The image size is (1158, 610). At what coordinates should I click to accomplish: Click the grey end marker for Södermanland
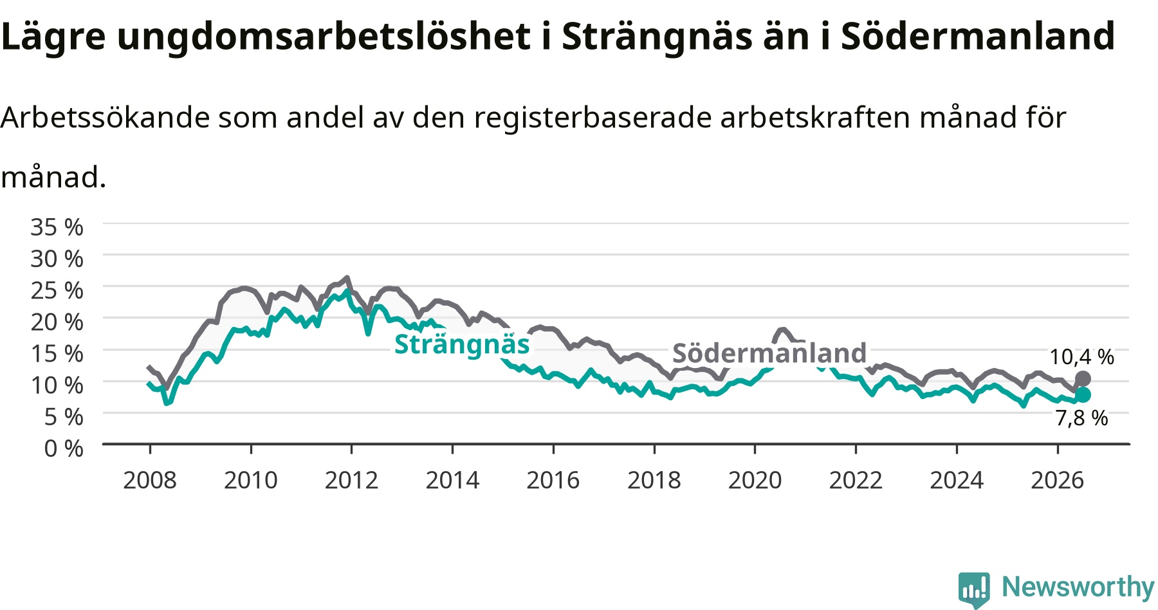click(x=1083, y=378)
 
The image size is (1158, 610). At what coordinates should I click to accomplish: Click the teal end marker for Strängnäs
click(x=1083, y=394)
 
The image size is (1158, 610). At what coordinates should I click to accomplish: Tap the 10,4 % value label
click(x=1081, y=357)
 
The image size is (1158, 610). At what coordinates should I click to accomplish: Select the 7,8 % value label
click(x=1081, y=418)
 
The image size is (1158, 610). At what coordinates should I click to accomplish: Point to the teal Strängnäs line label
click(x=462, y=344)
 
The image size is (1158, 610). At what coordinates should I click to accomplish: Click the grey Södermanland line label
click(x=769, y=353)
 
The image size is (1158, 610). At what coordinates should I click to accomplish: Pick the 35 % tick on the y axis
click(x=57, y=227)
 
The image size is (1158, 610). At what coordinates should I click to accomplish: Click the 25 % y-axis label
click(x=57, y=290)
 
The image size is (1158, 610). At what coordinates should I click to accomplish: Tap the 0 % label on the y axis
click(x=64, y=448)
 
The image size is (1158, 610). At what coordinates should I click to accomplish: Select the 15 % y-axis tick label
click(x=57, y=353)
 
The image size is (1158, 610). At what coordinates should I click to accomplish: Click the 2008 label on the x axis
click(x=150, y=480)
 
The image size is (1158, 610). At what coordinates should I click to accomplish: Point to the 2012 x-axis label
click(x=351, y=480)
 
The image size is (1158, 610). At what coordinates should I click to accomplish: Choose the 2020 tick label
click(x=755, y=480)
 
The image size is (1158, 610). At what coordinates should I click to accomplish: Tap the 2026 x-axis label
click(x=1058, y=480)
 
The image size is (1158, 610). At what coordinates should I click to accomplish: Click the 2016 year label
click(x=553, y=480)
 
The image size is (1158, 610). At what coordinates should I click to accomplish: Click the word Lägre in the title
click(x=53, y=37)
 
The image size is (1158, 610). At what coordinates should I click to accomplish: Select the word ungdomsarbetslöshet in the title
click(x=324, y=37)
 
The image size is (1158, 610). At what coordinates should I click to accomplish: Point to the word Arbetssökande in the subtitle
click(x=105, y=118)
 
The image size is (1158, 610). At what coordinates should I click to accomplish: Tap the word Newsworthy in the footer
click(x=1078, y=587)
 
